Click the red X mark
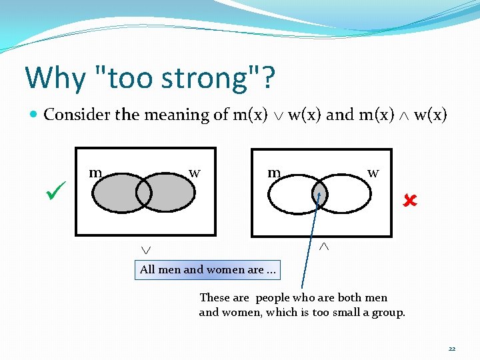pos(409,199)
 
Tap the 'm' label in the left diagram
pos(95,173)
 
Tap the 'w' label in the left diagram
pos(194,173)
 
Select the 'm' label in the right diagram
pos(273,173)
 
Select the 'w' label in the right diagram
pos(373,173)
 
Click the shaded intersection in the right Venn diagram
pos(320,194)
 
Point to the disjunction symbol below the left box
pos(145,249)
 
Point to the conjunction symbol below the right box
pos(325,247)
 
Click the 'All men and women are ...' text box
pos(207,270)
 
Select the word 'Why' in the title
pos(55,79)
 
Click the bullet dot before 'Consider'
pos(35,115)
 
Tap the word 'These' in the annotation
pos(215,298)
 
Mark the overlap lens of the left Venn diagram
pos(144,193)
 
